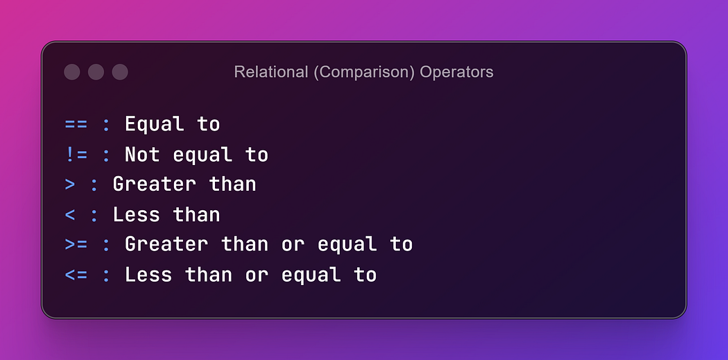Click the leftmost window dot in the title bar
click(72, 72)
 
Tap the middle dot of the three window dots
click(96, 72)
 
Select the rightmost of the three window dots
click(120, 72)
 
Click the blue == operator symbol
click(76, 124)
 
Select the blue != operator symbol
click(76, 155)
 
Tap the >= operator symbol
click(76, 245)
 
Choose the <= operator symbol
click(76, 275)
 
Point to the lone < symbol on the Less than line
click(69, 215)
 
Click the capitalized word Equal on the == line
click(154, 125)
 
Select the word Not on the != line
click(143, 155)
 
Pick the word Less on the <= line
click(148, 275)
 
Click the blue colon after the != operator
click(106, 155)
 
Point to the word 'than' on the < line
click(196, 214)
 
